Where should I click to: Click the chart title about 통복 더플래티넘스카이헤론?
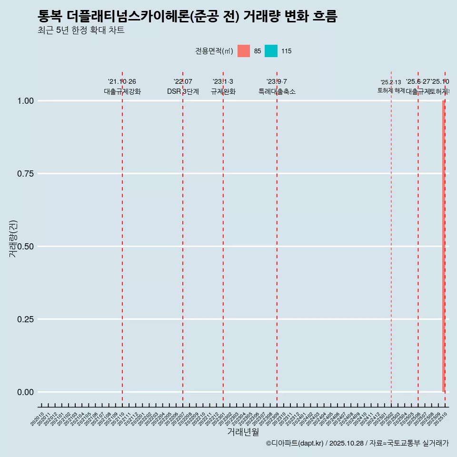point(187,17)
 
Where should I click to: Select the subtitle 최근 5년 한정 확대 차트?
point(81,30)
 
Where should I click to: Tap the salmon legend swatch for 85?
point(243,51)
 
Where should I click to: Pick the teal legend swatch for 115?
point(271,51)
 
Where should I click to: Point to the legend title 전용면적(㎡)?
point(214,51)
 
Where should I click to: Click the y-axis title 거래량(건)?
point(13,239)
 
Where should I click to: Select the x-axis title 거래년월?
point(243,432)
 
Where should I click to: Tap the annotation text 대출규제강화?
point(122,91)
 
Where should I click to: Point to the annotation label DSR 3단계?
point(183,91)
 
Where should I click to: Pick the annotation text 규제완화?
point(223,91)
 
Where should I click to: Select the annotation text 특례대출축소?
point(277,91)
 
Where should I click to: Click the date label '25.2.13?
point(391,82)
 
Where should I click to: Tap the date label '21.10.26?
point(122,81)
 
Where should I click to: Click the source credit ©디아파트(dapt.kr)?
point(295,444)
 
